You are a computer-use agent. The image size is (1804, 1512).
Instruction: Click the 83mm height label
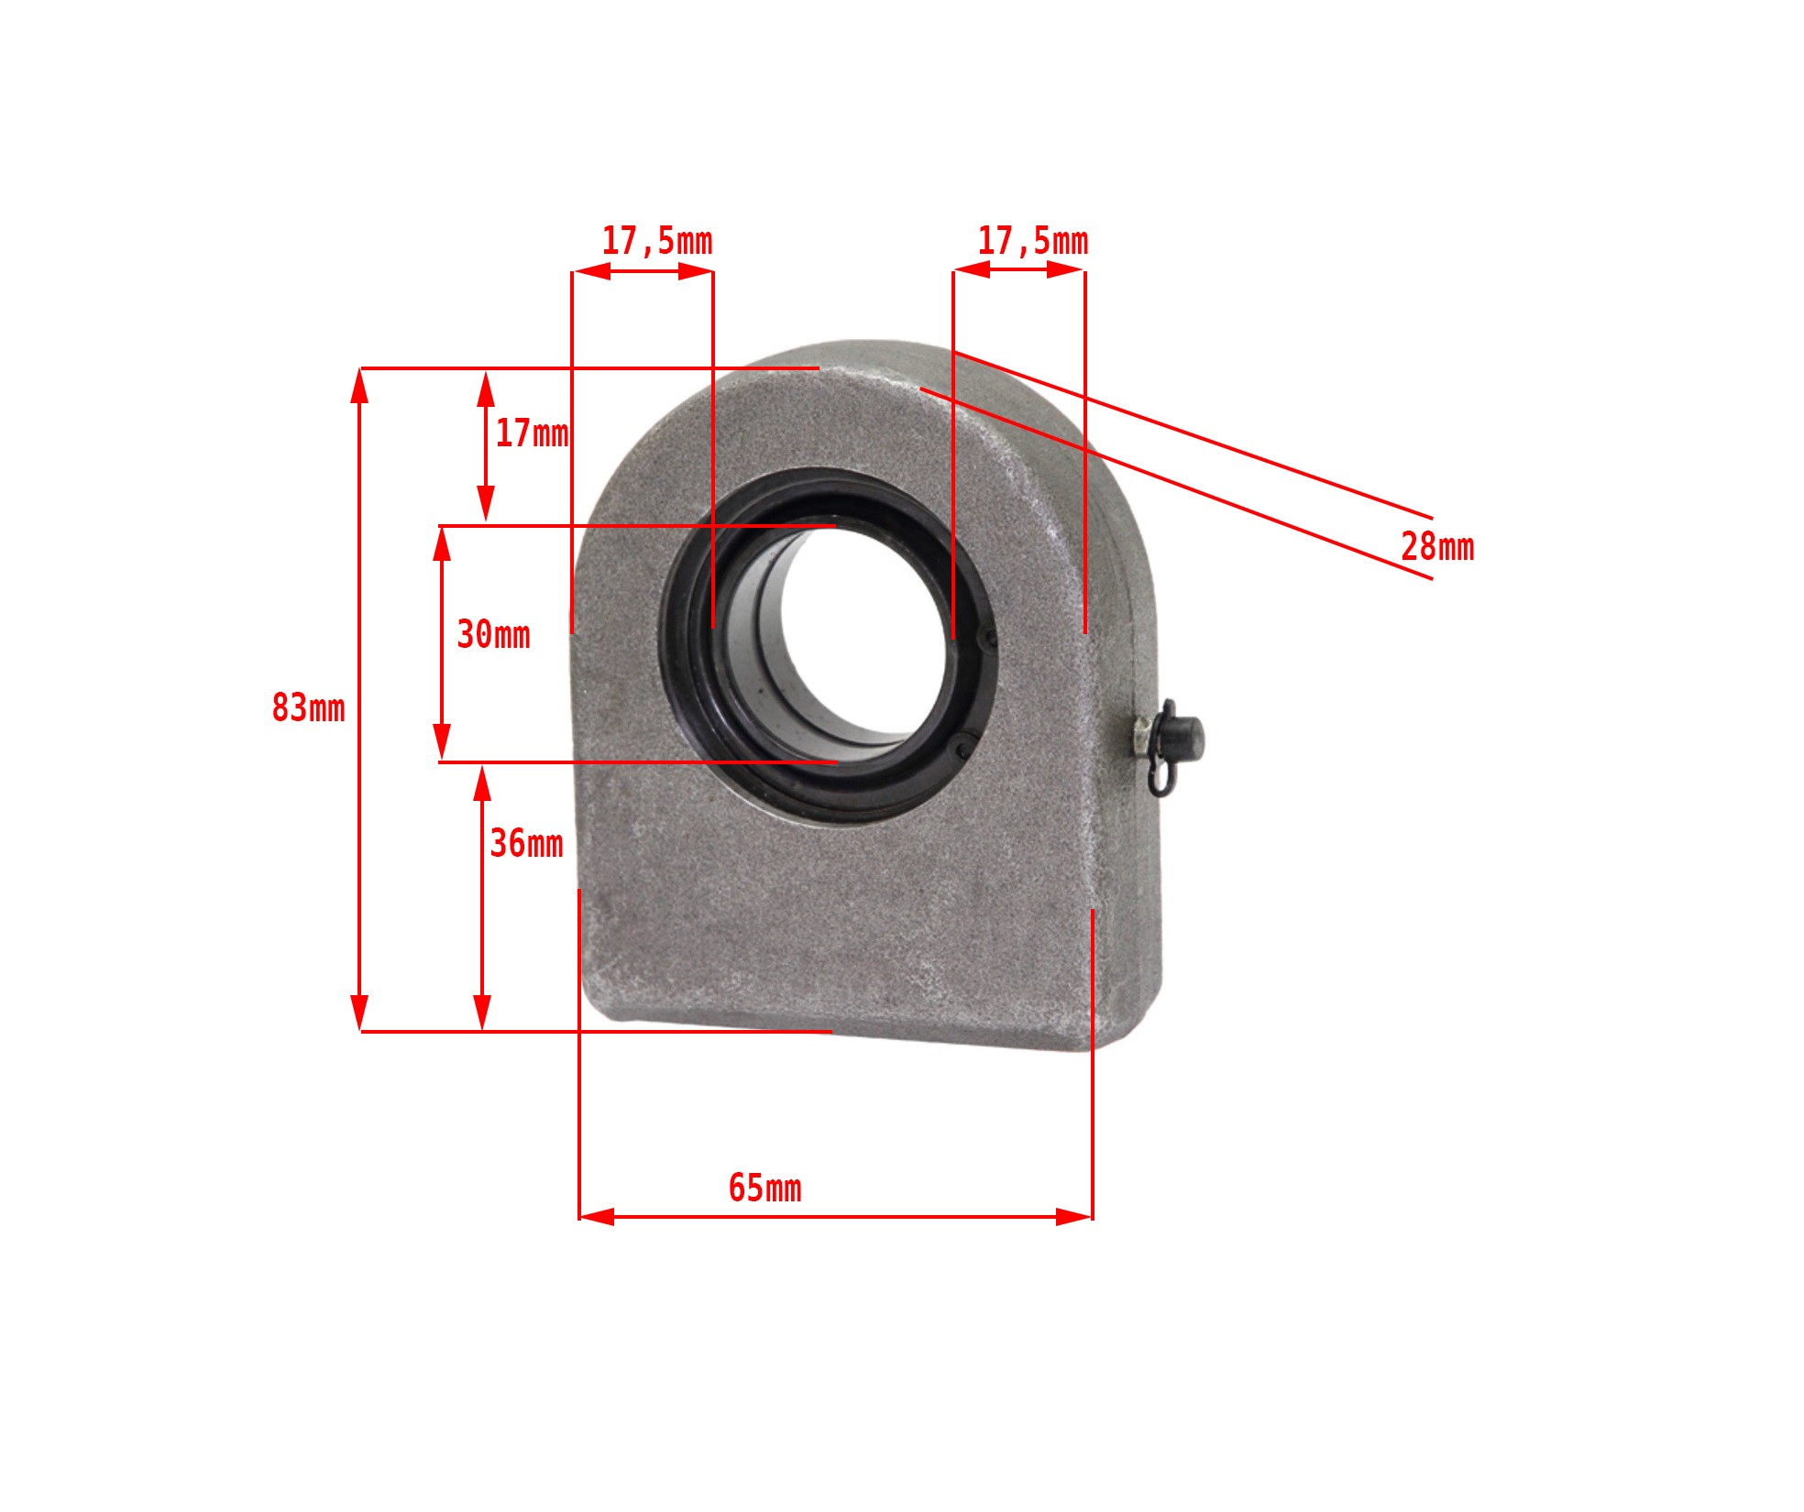[x=308, y=708]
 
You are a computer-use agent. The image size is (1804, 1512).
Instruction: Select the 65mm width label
[x=764, y=1188]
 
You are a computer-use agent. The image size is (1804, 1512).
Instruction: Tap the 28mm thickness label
[x=1437, y=547]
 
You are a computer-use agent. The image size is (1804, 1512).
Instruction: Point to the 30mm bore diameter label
[x=493, y=634]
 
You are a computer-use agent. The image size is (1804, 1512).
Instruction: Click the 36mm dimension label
[x=526, y=843]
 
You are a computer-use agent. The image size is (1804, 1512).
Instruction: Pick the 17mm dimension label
[x=532, y=433]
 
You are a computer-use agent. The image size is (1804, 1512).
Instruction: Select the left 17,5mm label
[x=657, y=241]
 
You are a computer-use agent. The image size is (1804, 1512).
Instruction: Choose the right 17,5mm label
[x=1033, y=241]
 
